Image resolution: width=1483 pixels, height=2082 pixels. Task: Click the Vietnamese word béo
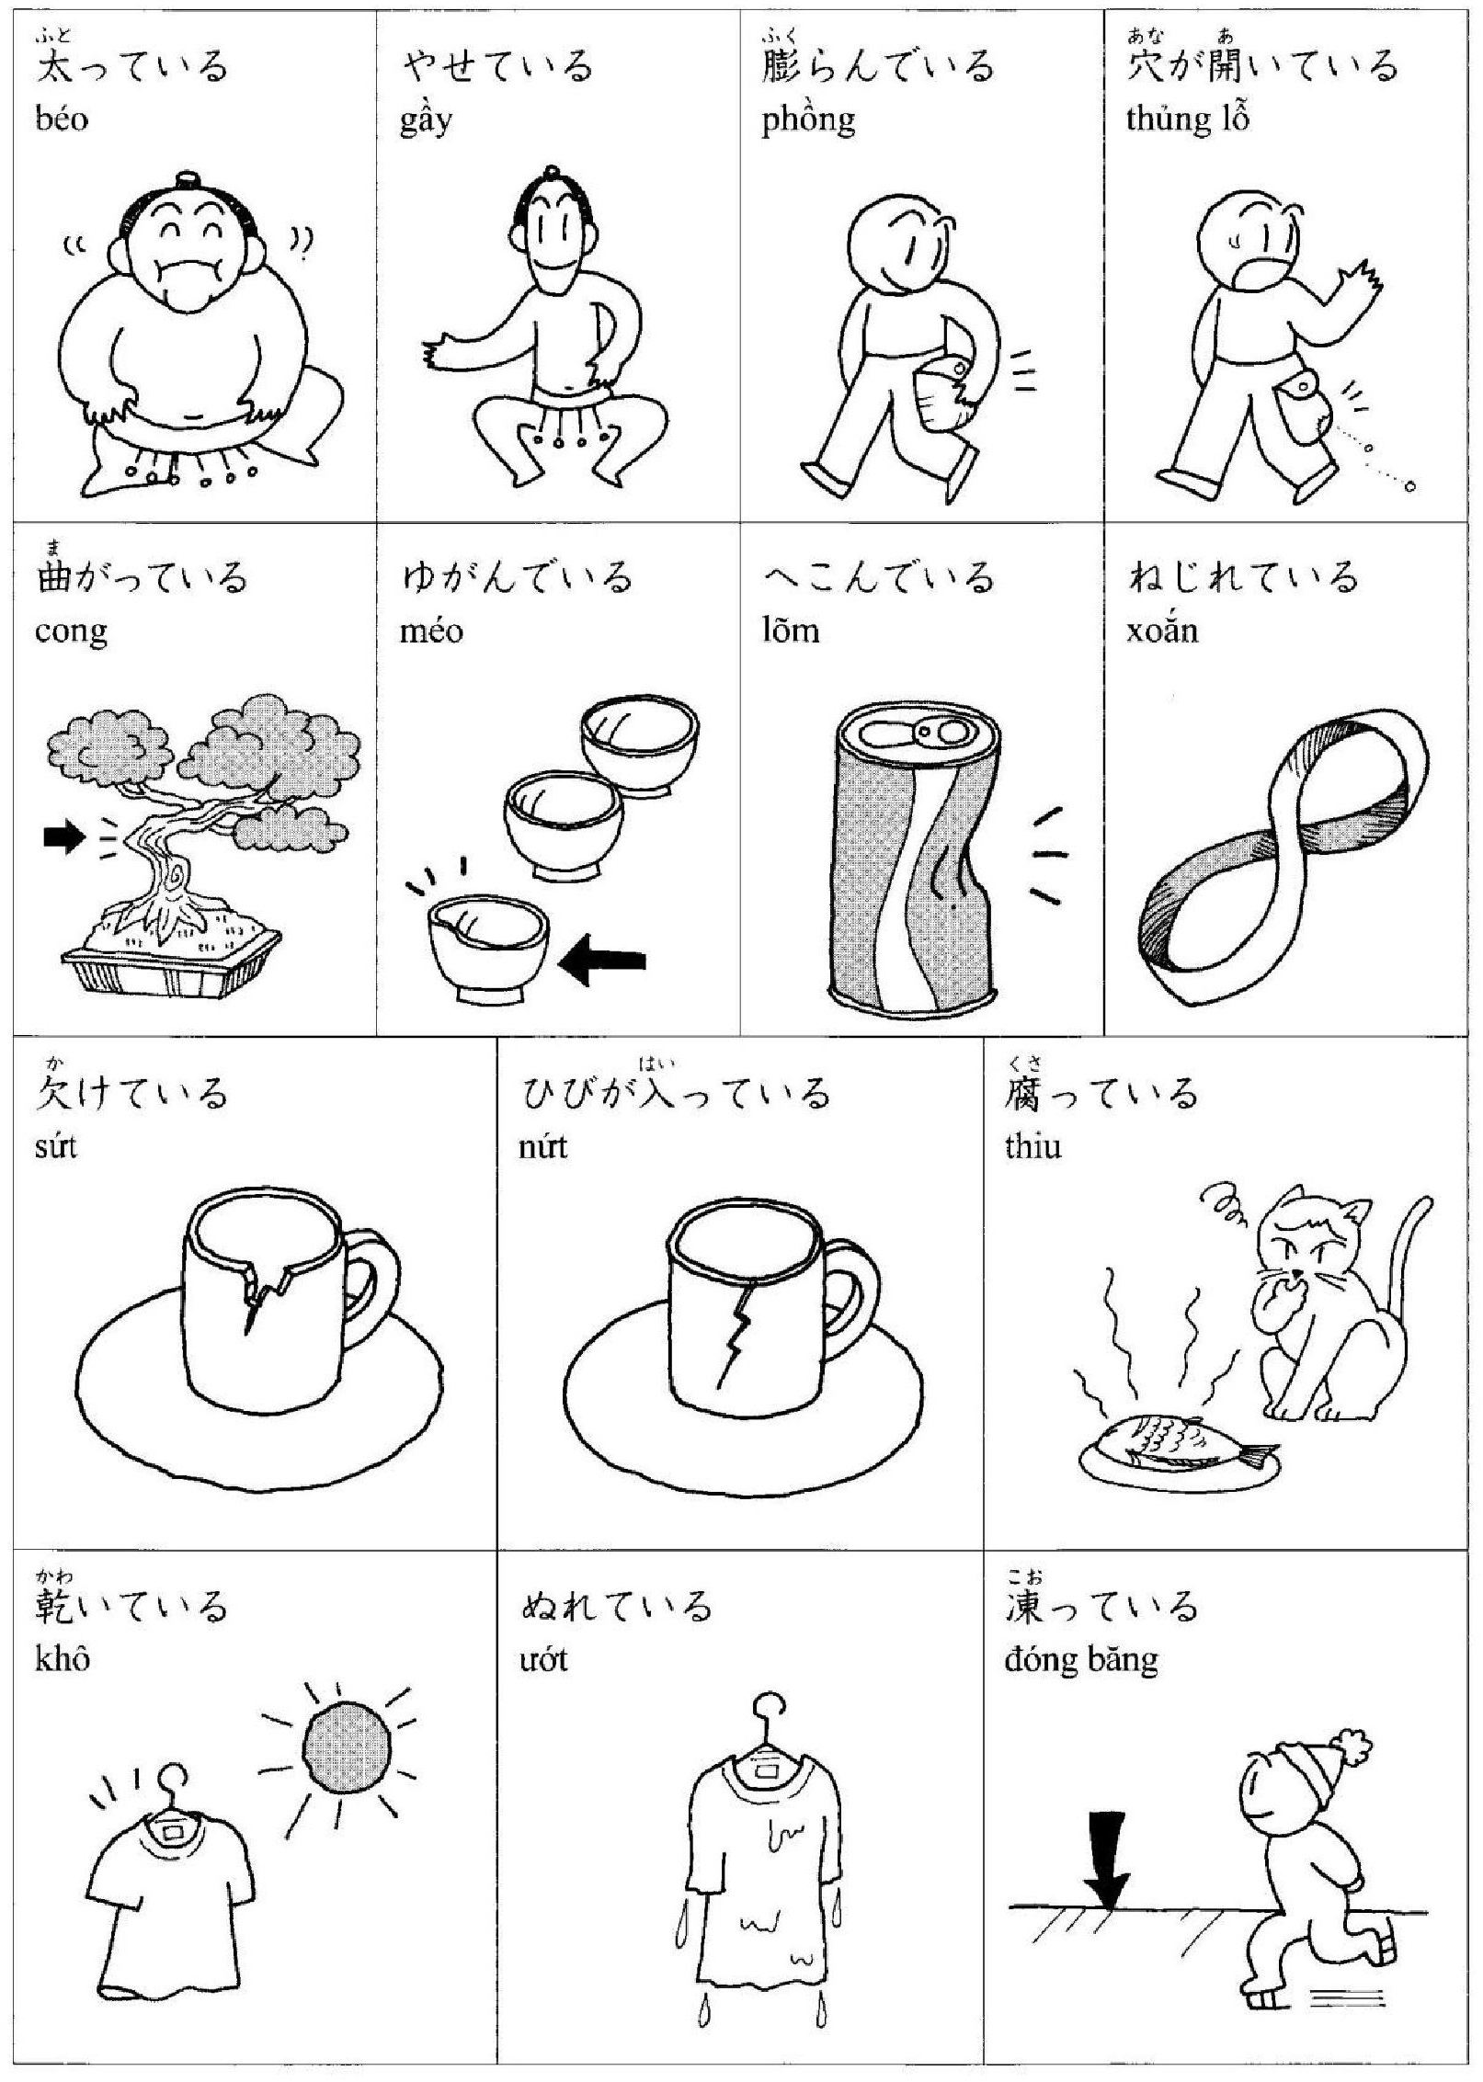pyautogui.click(x=62, y=119)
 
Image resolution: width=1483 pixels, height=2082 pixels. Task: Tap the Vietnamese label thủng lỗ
pyautogui.click(x=1188, y=120)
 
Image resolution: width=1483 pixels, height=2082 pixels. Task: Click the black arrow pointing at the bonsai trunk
pyautogui.click(x=64, y=837)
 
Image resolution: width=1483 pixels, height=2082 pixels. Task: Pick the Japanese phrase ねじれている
pyautogui.click(x=1243, y=577)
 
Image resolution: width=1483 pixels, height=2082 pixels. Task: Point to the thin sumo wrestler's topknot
pyautogui.click(x=551, y=174)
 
